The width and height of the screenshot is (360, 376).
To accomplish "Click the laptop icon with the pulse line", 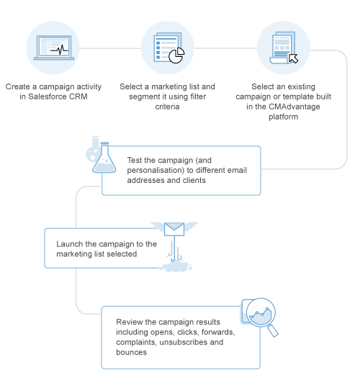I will coord(55,48).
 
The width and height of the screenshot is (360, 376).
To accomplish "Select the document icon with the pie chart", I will coord(168,48).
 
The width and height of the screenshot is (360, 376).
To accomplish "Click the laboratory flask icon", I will coord(102,160).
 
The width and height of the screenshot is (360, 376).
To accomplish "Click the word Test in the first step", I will coord(135,160).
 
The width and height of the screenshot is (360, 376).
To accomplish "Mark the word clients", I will coord(192,181).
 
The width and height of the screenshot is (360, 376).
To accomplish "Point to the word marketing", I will coord(79,254).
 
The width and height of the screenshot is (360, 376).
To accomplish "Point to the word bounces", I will coord(131,353).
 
